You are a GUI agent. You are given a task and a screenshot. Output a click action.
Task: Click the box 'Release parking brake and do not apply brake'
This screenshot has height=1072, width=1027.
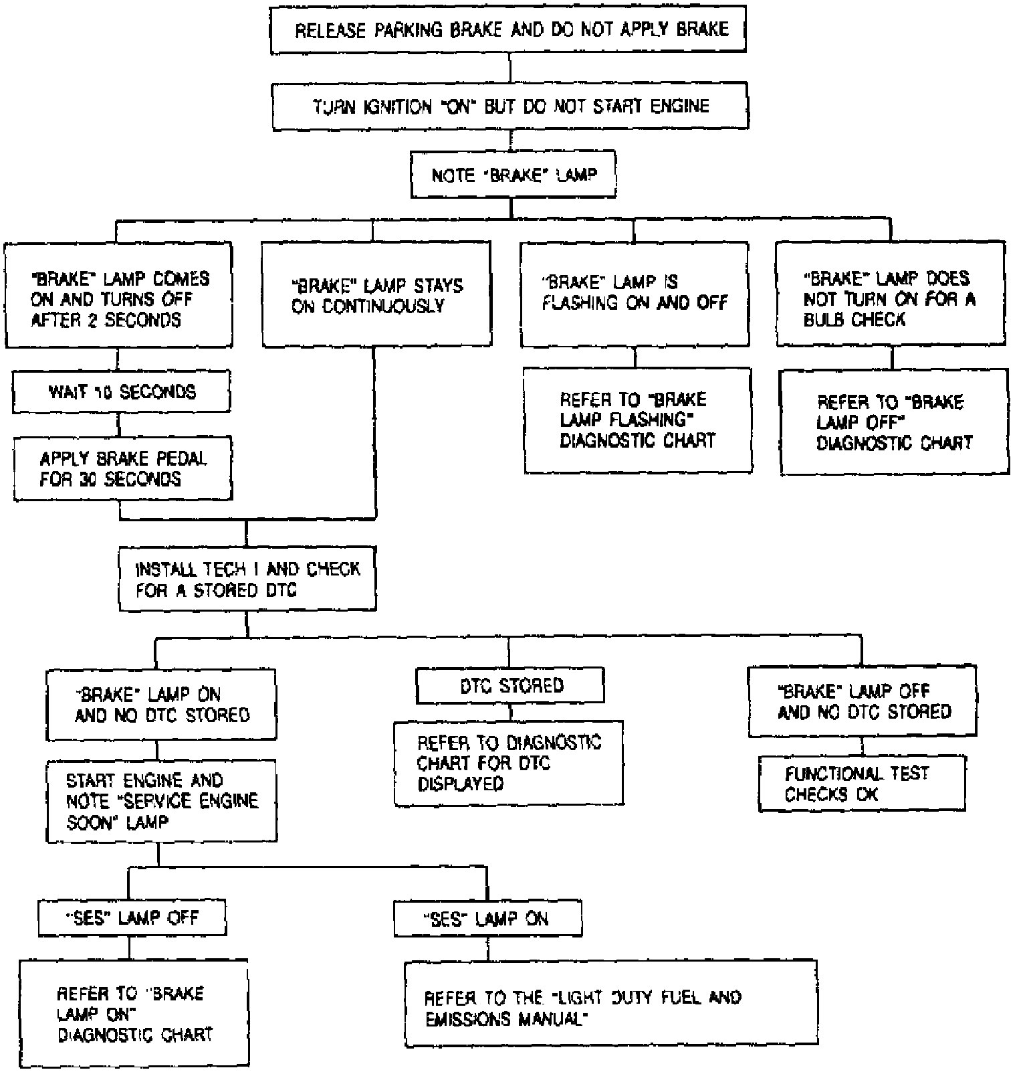508,30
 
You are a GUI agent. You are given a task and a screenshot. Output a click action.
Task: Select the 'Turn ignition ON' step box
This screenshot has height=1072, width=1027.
510,106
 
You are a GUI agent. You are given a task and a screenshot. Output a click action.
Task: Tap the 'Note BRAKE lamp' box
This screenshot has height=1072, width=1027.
513,176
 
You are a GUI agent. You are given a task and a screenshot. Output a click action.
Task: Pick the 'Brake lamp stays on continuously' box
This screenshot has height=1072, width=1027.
376,295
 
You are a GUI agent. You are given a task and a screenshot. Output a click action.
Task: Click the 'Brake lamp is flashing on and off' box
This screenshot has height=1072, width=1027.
634,295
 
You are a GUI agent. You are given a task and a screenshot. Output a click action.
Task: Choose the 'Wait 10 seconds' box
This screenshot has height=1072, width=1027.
121,392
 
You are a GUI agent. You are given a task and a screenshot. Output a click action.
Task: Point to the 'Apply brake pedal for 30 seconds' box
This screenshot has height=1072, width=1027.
122,468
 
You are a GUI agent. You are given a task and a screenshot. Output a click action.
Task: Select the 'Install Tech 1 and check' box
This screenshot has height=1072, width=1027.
247,579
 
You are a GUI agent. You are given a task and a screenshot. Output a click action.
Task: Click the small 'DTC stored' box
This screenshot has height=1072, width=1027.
510,686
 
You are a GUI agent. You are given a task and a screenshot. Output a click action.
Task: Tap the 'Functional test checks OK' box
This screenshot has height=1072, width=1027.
862,784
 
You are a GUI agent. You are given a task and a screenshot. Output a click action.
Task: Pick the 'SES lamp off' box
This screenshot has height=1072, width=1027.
132,917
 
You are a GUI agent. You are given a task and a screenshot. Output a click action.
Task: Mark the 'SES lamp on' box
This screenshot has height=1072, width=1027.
487,919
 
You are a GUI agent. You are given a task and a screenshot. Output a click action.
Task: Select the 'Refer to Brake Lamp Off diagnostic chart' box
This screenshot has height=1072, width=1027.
894,422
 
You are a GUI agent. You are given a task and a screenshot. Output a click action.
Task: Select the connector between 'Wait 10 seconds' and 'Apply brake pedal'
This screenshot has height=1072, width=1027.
119,424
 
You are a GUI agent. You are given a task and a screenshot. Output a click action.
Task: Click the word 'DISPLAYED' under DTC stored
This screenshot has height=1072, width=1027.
460,784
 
